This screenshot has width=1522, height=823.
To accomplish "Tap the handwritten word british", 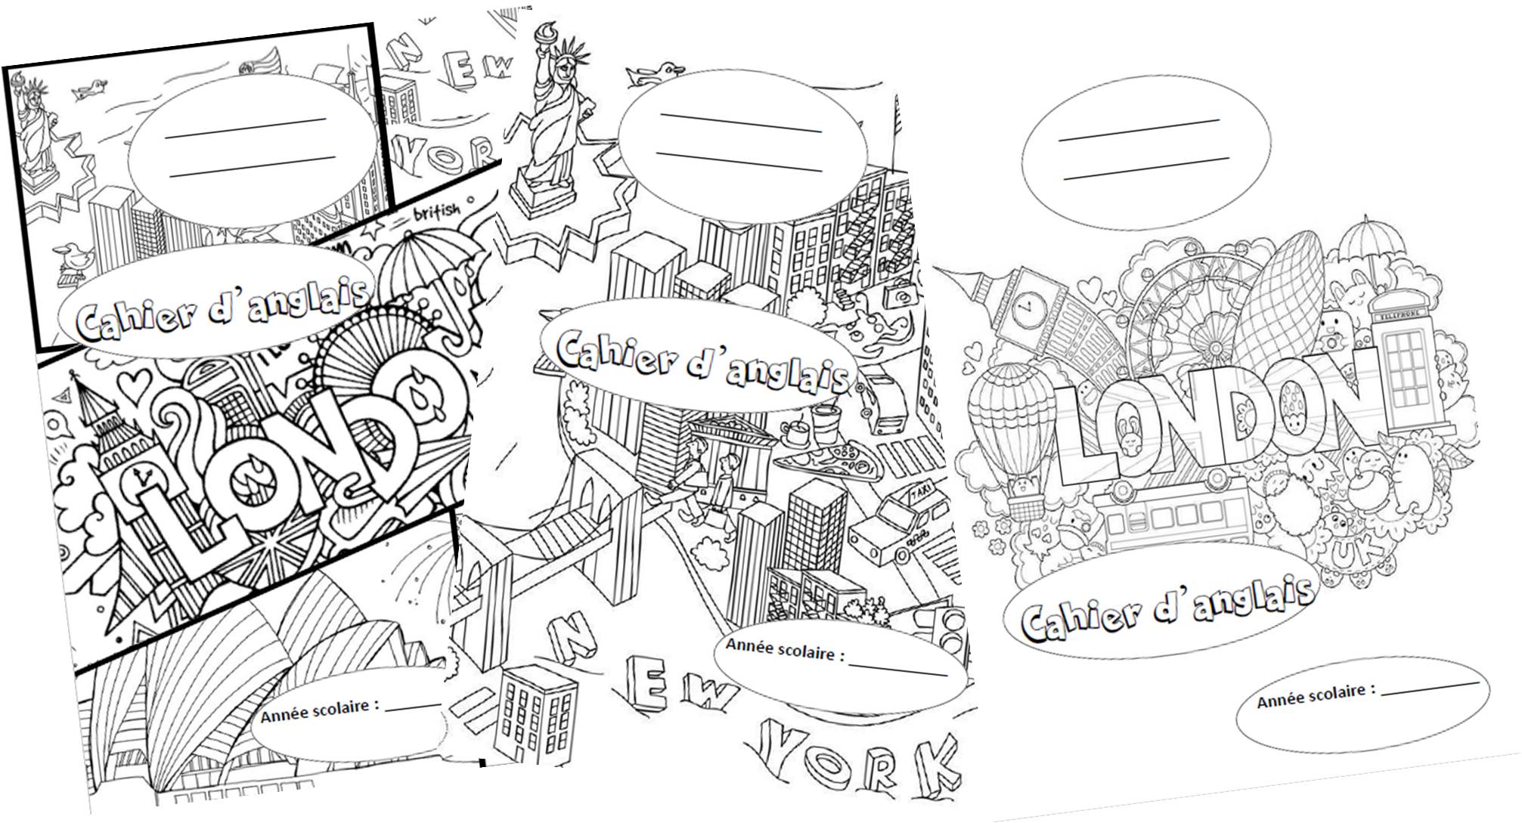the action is click(436, 211).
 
